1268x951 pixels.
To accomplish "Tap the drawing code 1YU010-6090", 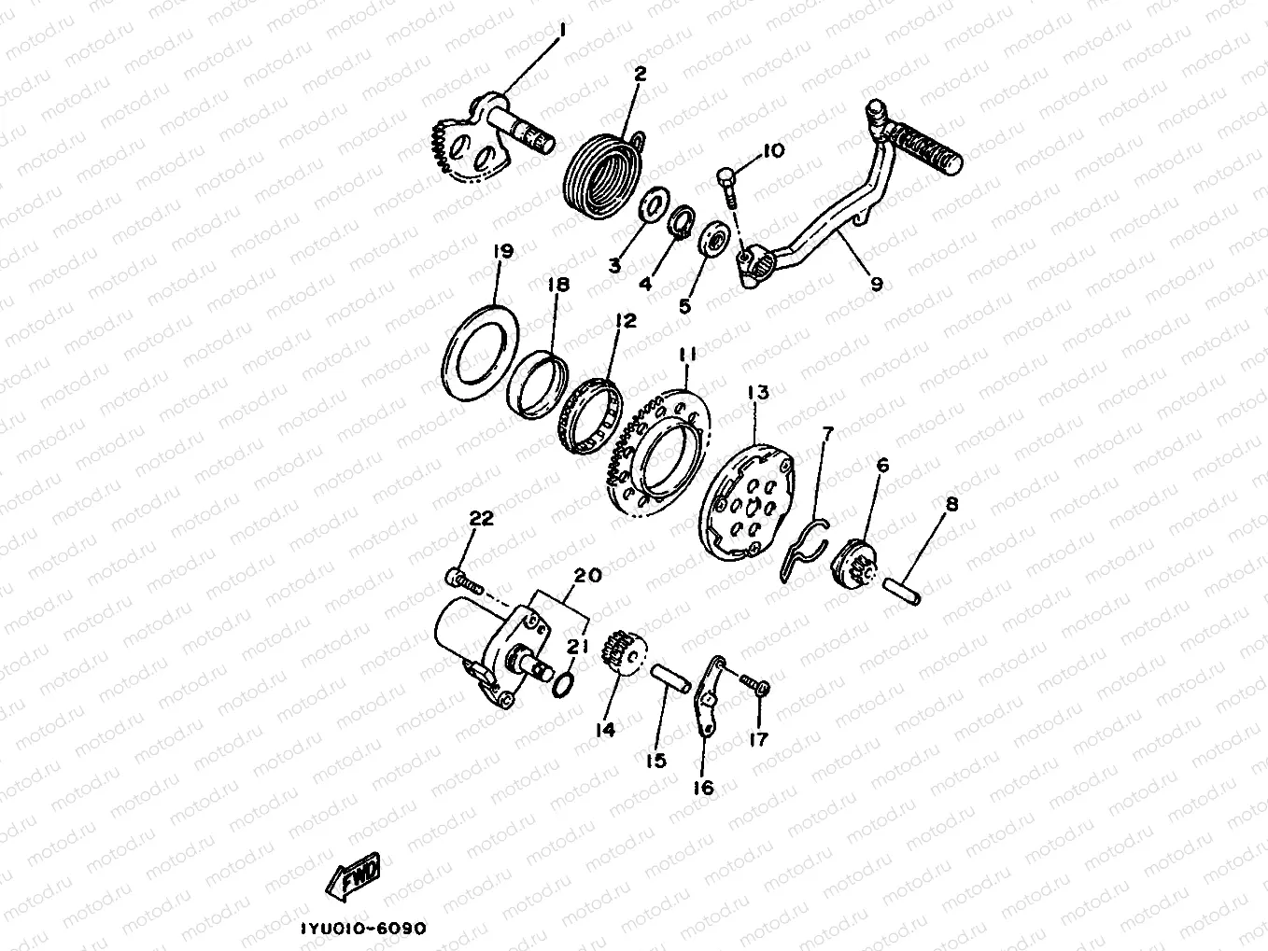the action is (x=364, y=929).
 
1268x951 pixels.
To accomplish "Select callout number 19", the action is (x=503, y=252).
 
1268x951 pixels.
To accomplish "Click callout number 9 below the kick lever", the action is (x=877, y=284).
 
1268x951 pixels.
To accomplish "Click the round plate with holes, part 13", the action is (x=748, y=499).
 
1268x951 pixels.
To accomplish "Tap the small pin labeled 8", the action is (x=902, y=592).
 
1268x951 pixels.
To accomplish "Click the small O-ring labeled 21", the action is (x=563, y=685).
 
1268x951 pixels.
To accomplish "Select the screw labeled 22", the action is (x=464, y=582).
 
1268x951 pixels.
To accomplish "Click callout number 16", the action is (x=704, y=788).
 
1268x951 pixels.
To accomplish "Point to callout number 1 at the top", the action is (x=563, y=30).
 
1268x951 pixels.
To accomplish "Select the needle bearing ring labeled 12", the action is (x=590, y=417).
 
